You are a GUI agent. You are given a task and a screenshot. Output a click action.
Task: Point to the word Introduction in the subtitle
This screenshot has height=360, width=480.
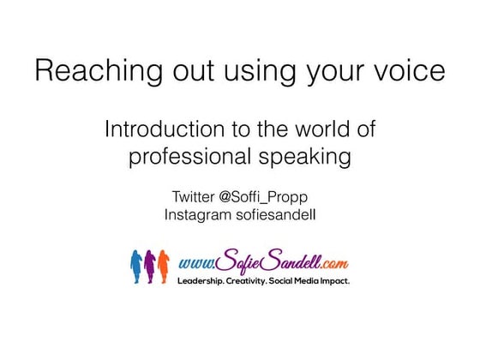point(159,132)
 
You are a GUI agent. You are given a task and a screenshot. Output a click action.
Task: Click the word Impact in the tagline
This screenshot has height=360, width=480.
point(334,280)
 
